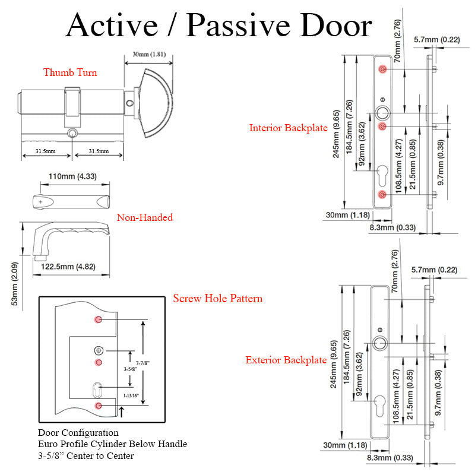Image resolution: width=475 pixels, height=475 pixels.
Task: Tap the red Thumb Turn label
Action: click(x=69, y=72)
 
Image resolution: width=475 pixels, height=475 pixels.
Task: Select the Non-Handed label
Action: click(x=144, y=217)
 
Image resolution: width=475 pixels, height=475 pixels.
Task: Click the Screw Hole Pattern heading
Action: click(x=217, y=298)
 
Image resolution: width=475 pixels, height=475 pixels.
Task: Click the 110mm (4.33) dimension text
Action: click(x=72, y=176)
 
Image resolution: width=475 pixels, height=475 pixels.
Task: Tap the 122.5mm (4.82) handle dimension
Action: click(x=68, y=267)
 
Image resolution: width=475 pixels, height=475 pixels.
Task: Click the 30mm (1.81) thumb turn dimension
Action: click(x=148, y=54)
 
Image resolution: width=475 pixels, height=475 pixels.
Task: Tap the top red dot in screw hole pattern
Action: click(x=99, y=320)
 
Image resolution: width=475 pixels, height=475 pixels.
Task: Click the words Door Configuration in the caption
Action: click(x=78, y=433)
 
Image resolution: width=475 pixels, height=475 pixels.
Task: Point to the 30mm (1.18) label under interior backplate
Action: click(x=344, y=214)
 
